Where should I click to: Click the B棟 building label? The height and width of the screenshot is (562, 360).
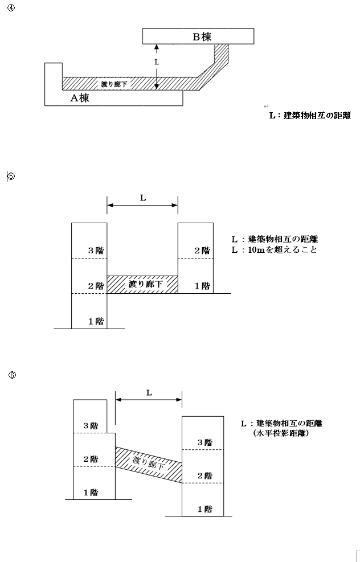202,36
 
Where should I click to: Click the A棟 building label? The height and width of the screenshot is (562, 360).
80,98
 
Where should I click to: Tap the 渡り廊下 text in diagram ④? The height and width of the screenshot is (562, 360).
114,84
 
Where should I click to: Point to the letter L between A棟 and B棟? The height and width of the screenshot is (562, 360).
156,62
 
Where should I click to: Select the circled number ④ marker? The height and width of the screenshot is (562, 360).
11,8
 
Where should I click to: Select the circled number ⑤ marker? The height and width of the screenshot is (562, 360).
11,177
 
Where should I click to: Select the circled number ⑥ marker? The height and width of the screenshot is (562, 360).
12,375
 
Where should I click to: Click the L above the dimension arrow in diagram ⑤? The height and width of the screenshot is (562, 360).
143,198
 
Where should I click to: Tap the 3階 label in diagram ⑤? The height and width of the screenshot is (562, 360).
96,251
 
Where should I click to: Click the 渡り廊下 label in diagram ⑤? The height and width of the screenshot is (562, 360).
146,285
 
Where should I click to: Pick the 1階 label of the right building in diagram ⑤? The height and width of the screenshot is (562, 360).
202,286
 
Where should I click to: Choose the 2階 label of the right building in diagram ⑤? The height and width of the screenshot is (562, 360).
202,251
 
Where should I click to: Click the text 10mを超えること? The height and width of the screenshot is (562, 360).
283,250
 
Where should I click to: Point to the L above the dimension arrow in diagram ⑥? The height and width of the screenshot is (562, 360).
149,393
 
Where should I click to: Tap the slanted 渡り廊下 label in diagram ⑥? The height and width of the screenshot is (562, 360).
149,463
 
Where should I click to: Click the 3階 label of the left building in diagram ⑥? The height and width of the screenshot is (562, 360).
91,426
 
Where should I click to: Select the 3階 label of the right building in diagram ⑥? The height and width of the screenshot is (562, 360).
204,442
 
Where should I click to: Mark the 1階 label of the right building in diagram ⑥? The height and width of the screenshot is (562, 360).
204,509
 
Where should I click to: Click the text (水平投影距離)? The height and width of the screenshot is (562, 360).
281,433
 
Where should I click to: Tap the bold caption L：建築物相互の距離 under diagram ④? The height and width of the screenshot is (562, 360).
310,116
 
